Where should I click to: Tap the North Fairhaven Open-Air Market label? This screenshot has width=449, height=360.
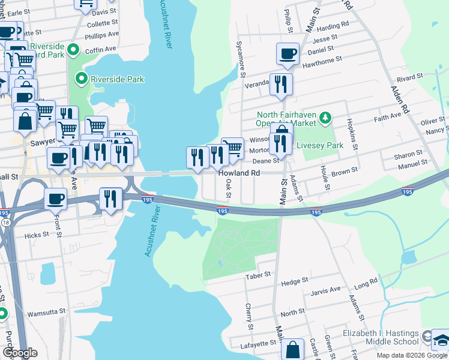(286, 119)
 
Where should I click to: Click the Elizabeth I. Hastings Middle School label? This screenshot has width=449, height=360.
(381, 337)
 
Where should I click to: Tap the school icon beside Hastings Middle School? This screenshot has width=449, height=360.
(440, 340)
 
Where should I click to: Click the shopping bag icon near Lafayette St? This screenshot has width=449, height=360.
(292, 349)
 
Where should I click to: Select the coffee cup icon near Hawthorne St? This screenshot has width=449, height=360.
(287, 53)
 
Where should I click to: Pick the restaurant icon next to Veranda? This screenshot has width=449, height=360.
(280, 84)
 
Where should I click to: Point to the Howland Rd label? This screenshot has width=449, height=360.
(239, 173)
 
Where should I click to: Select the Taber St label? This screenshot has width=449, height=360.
(259, 276)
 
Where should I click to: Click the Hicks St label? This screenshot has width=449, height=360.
(36, 236)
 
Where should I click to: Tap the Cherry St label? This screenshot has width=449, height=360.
(249, 312)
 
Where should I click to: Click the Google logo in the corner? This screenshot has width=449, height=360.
(20, 353)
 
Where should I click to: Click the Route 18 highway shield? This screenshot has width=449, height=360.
(5, 223)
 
